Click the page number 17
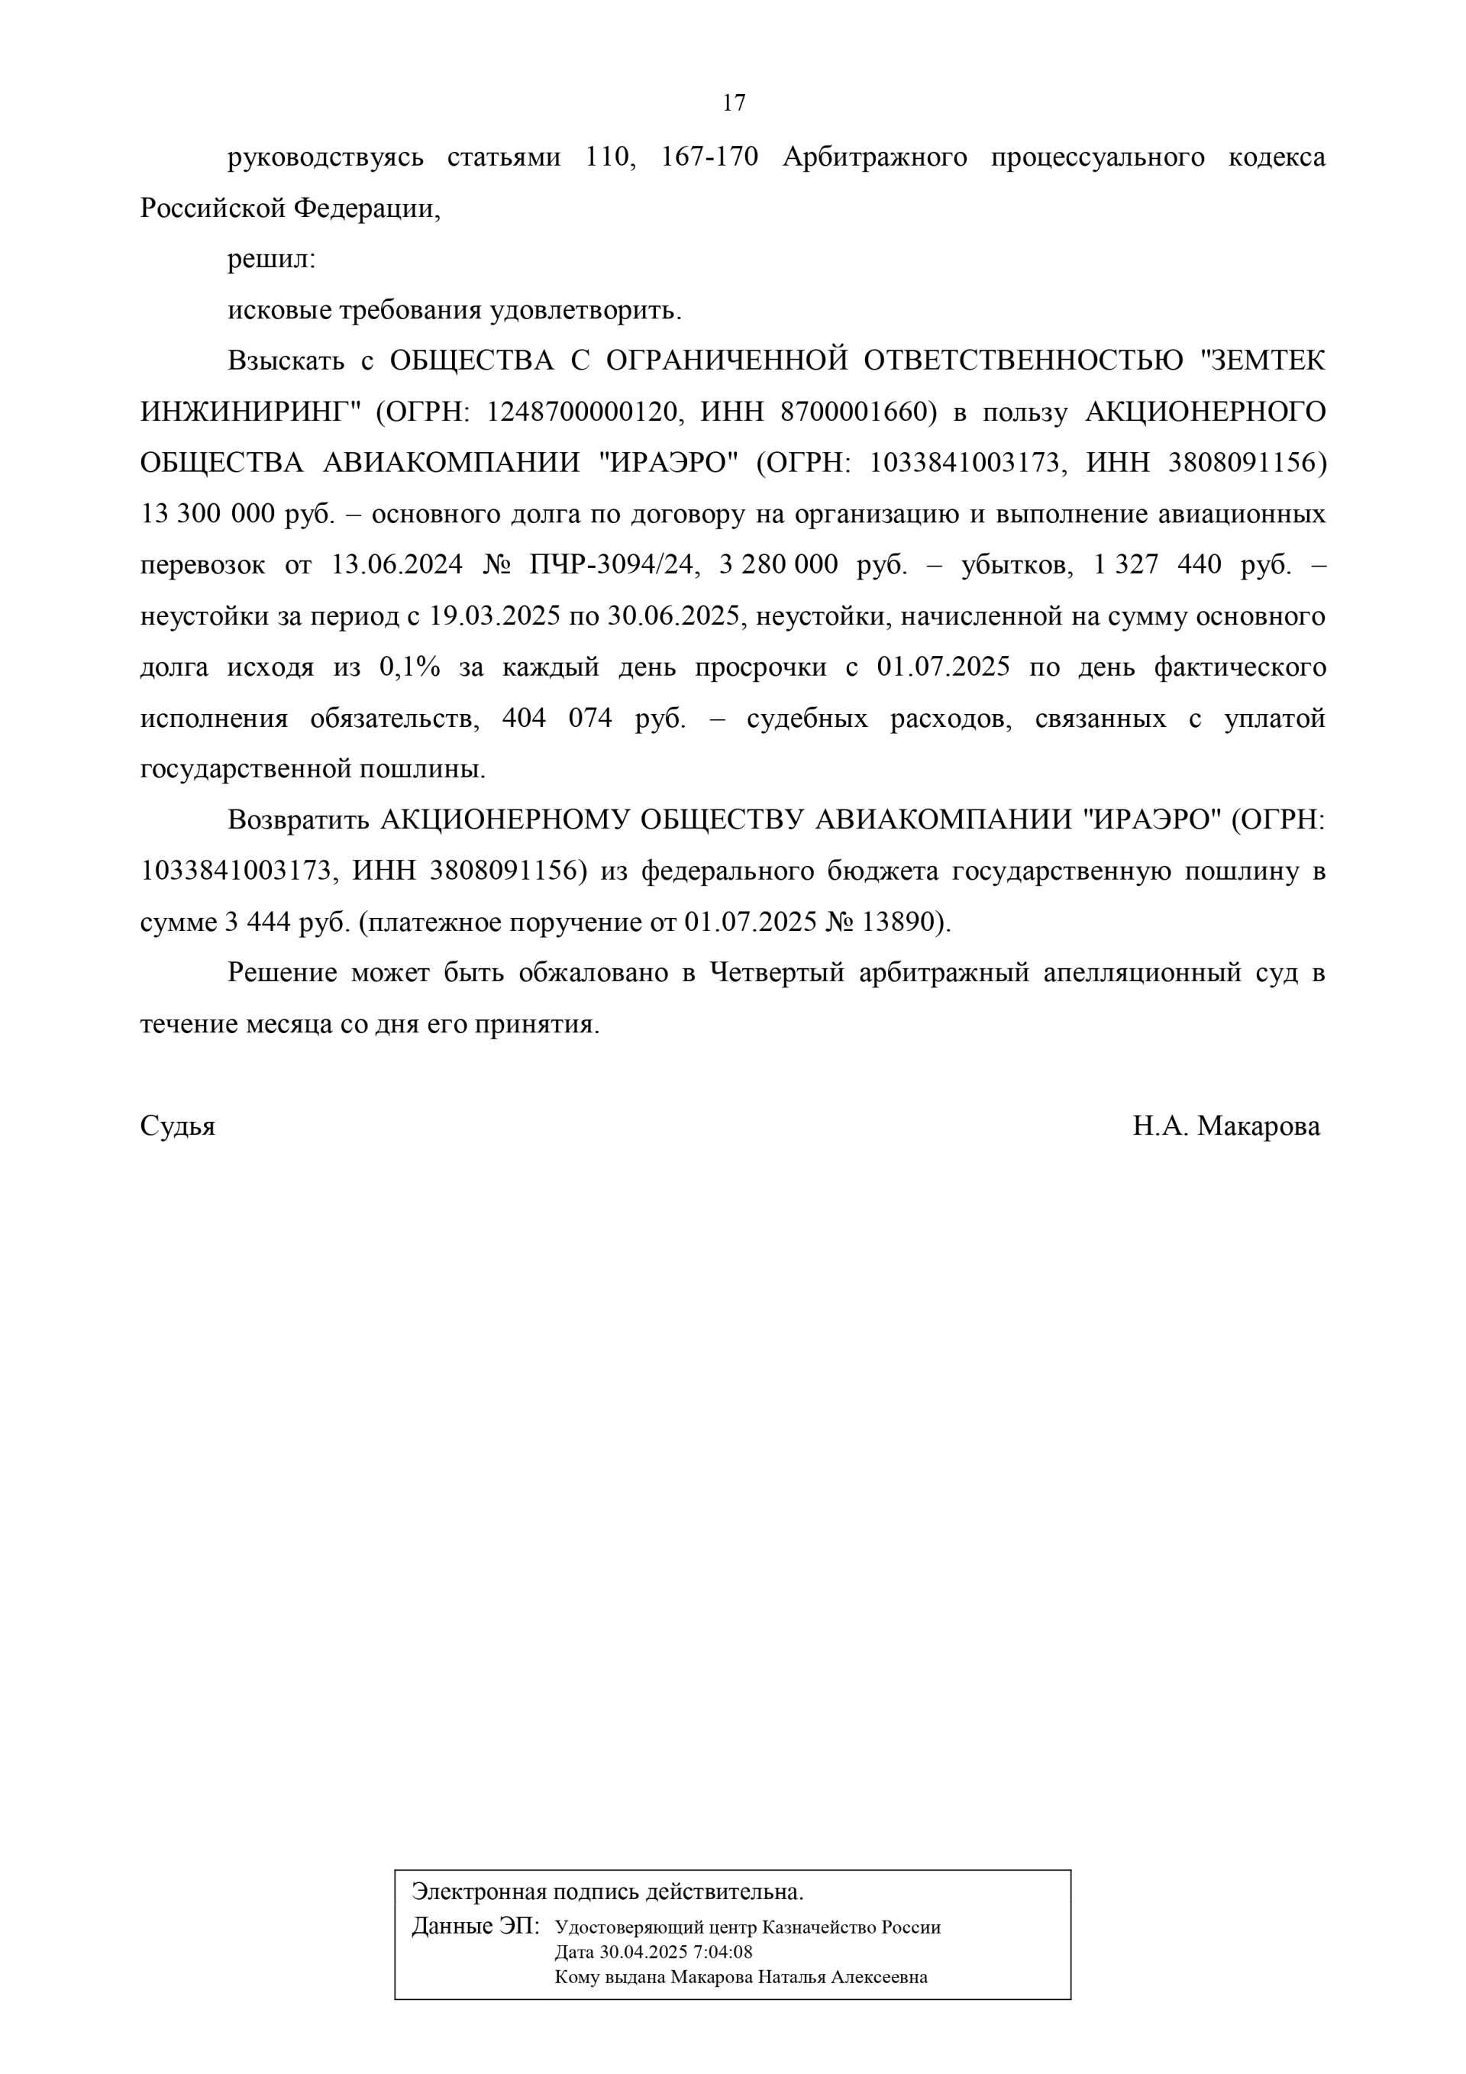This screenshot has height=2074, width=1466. pos(734,103)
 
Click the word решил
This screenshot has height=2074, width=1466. pos(270,260)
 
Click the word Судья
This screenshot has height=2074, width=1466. pos(178,1126)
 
